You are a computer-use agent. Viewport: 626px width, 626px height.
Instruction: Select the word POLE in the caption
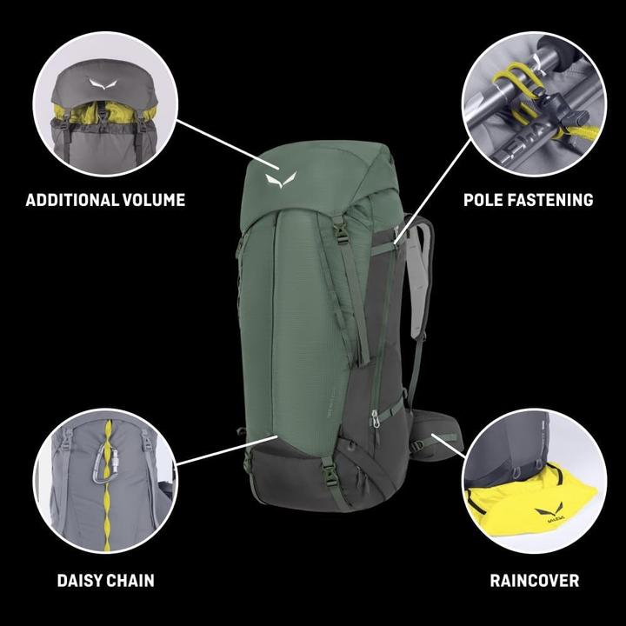point(483,200)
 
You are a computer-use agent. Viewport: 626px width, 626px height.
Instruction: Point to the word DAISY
point(81,580)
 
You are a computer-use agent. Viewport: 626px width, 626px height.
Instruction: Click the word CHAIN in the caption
point(131,580)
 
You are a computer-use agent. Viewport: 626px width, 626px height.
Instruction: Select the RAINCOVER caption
point(534,580)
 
